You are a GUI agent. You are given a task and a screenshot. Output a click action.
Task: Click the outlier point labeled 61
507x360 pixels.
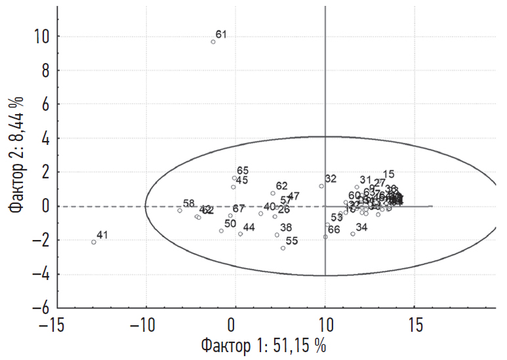[x=213, y=42]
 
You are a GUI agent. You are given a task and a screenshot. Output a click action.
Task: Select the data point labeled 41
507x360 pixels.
[x=94, y=242]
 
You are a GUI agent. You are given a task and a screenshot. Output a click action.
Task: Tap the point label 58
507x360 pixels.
[x=189, y=203]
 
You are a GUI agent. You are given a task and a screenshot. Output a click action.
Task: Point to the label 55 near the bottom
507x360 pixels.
[x=292, y=241]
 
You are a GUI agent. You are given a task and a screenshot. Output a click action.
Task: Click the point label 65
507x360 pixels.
[x=243, y=170]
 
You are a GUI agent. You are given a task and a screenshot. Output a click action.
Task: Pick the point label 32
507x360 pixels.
[x=331, y=178]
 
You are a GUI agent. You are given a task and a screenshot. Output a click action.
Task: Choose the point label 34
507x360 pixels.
[x=361, y=228]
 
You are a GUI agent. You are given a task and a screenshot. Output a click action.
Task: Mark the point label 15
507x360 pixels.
[x=388, y=174]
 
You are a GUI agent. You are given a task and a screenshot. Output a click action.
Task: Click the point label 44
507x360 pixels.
[x=249, y=227]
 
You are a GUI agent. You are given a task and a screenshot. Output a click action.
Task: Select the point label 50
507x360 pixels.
[x=230, y=224]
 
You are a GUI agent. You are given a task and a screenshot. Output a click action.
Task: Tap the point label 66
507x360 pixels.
[x=334, y=230]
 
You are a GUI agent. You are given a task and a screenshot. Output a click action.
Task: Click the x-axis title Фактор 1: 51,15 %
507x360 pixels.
[x=263, y=346]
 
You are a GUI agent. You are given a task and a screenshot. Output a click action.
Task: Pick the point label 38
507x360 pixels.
[x=286, y=228]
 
